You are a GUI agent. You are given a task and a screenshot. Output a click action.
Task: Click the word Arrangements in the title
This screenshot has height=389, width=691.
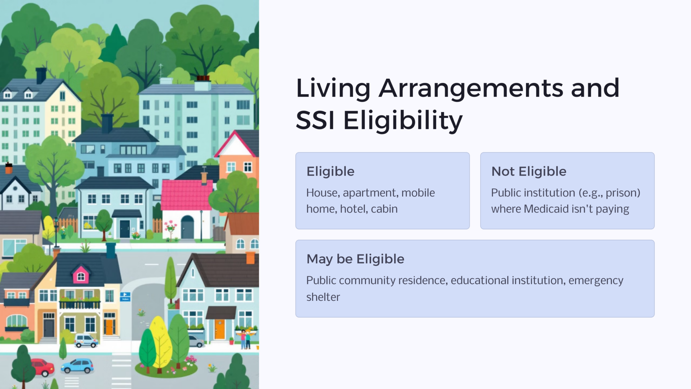click(x=471, y=88)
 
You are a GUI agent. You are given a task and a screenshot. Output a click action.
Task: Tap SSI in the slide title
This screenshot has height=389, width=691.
click(x=315, y=121)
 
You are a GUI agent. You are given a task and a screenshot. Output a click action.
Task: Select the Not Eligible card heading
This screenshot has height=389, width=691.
click(x=529, y=172)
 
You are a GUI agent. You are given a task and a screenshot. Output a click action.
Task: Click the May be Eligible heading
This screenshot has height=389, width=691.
click(x=355, y=259)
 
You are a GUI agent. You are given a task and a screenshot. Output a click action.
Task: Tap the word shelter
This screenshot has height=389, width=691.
click(x=323, y=297)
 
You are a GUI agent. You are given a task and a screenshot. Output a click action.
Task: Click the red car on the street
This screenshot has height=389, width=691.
click(x=43, y=367)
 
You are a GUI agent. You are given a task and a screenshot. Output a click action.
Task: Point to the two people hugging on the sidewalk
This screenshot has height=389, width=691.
click(x=245, y=339)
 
